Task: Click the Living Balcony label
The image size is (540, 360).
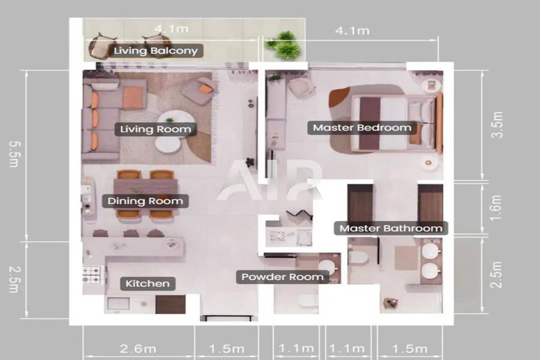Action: [x=155, y=50]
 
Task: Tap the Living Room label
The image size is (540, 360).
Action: [x=155, y=129]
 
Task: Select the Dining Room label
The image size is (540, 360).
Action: [x=145, y=201]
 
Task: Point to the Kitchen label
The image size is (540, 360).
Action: [x=148, y=284]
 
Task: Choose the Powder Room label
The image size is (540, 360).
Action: [x=283, y=277]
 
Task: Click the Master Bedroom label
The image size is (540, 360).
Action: [x=362, y=128]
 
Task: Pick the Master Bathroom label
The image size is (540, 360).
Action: [x=391, y=229]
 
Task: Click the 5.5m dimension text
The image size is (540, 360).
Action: [x=14, y=154]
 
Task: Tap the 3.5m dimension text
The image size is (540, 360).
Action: [x=497, y=125]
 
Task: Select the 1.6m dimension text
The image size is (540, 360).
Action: [x=496, y=208]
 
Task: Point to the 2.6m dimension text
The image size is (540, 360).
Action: [x=138, y=349]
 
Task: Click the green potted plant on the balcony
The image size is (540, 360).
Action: [x=285, y=45]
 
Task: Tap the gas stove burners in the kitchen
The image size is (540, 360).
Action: [x=92, y=275]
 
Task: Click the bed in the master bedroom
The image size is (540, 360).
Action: [x=396, y=123]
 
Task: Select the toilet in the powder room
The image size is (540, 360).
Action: [x=308, y=301]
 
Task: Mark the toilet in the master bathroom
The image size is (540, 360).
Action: [x=359, y=257]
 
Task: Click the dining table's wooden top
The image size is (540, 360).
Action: [x=146, y=194]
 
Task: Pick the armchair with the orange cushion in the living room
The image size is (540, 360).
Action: [x=200, y=91]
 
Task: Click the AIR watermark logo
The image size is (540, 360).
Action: [x=269, y=180]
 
